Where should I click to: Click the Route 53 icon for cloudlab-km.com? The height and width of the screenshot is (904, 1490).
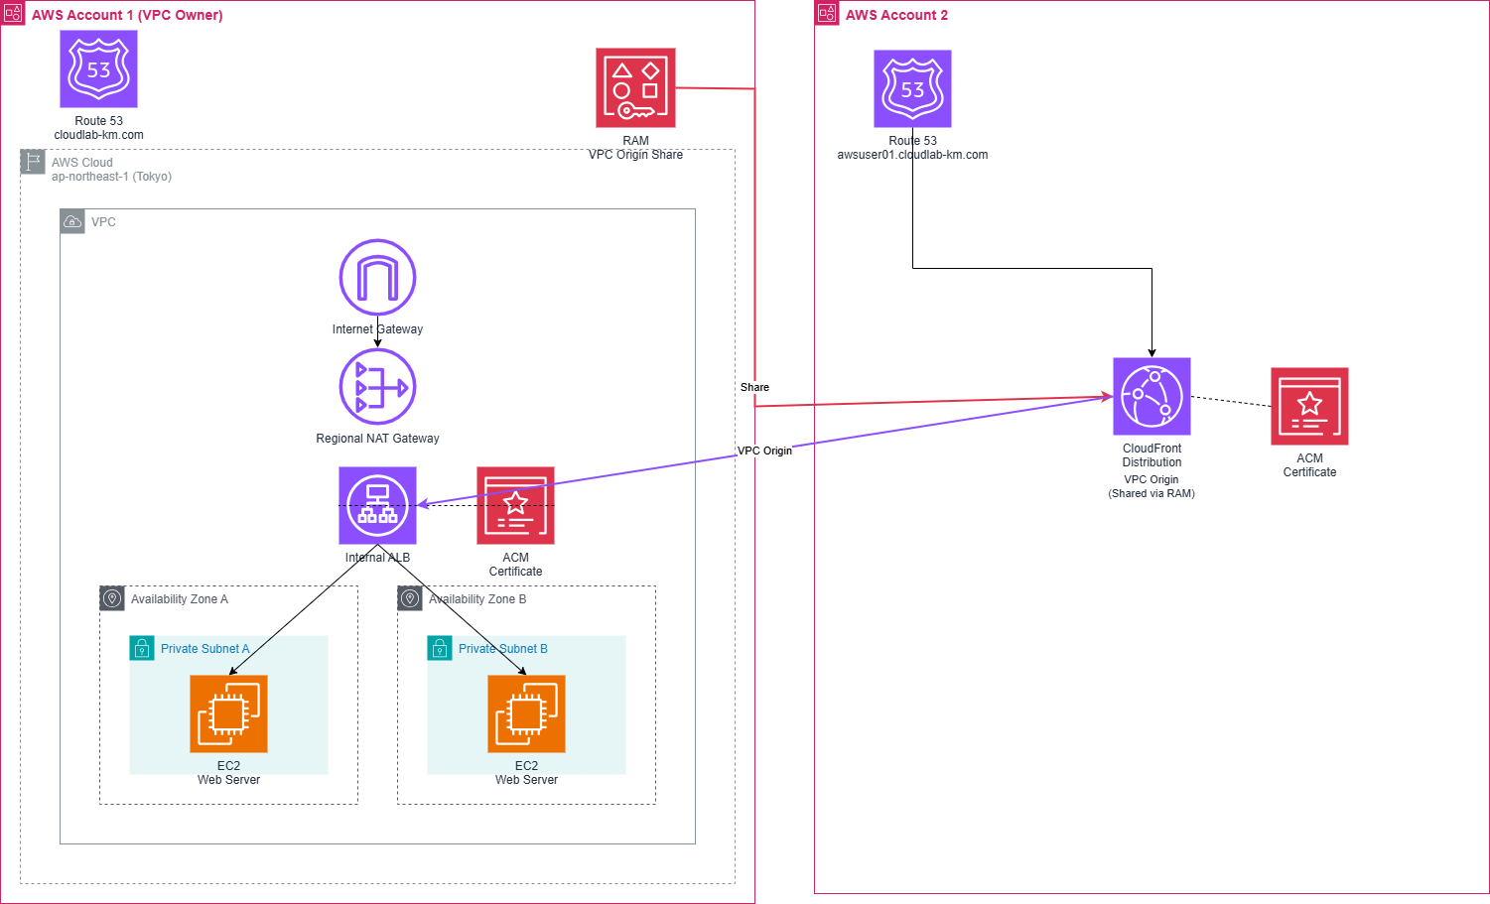coord(98,68)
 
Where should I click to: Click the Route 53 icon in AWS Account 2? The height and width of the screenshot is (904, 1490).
coord(912,88)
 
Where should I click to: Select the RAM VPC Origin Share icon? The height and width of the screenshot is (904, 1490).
coord(635,87)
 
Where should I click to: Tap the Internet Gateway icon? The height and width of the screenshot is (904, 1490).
coord(377,277)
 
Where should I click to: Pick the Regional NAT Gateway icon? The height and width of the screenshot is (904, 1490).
coord(377,386)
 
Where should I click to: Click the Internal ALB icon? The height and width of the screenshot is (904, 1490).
coord(377,505)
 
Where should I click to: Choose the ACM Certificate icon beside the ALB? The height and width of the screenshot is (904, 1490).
coord(515,505)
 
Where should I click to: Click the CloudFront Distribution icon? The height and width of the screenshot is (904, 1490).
coord(1151,396)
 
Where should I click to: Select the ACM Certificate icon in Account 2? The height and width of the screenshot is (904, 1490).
coord(1309,406)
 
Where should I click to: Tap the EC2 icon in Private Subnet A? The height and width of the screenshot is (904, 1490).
coord(228,713)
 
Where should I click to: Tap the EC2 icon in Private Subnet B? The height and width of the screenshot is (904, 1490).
coord(526,713)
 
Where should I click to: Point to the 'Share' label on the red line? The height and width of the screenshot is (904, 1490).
coord(754,387)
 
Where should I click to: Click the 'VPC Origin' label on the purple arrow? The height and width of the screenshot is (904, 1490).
coord(764,451)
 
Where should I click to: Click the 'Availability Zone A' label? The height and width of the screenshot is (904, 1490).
coord(180,599)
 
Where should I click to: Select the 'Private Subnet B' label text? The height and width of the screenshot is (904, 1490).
coord(503,649)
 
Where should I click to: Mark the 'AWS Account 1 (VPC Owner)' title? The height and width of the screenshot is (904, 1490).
coord(127,15)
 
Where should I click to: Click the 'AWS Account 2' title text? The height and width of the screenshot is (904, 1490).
coord(896,15)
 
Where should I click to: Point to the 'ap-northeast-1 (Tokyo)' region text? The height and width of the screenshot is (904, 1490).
coord(111,177)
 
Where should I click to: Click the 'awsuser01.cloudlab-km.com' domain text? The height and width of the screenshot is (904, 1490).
coord(912,155)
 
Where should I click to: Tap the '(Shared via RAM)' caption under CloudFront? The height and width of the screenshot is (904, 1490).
coord(1151,493)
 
